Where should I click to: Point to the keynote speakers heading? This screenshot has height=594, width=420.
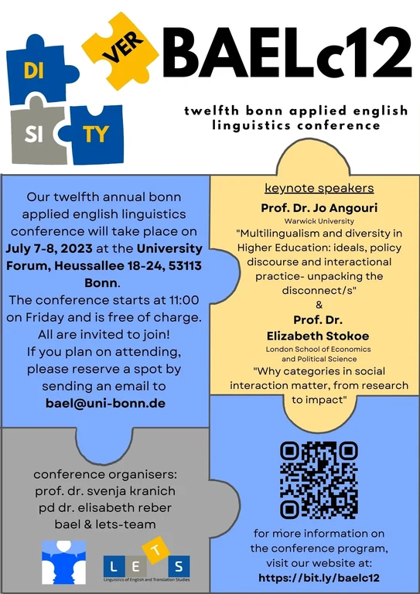(x=319, y=188)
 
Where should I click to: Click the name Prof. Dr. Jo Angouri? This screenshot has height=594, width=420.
(x=319, y=207)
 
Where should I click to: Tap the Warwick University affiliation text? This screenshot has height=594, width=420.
(x=319, y=220)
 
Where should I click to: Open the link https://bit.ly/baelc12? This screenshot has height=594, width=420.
(x=319, y=577)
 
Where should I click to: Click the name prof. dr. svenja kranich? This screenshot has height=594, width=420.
(x=104, y=490)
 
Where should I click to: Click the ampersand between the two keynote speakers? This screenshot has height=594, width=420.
(x=319, y=304)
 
